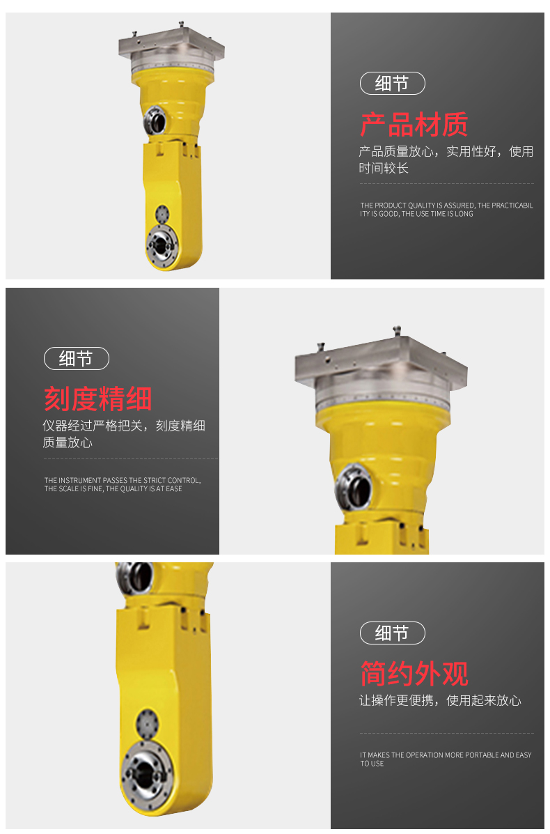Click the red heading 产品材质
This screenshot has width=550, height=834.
(414, 125)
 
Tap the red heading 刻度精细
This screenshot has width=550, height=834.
(97, 399)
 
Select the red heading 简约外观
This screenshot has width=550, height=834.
(414, 673)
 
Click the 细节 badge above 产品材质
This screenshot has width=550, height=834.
(392, 84)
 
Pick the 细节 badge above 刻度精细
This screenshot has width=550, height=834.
(76, 359)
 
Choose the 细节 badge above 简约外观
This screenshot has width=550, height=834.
(392, 633)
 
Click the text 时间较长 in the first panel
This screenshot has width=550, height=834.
(384, 168)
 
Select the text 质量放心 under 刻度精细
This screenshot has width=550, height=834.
(68, 442)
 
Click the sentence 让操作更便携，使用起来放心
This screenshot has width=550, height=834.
(440, 700)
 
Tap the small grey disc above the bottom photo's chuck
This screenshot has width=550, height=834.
(147, 723)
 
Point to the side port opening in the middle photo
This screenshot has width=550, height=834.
(354, 487)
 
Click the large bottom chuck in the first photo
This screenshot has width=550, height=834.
(162, 246)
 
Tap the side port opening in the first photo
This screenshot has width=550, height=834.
(155, 121)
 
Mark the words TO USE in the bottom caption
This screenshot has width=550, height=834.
(372, 764)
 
